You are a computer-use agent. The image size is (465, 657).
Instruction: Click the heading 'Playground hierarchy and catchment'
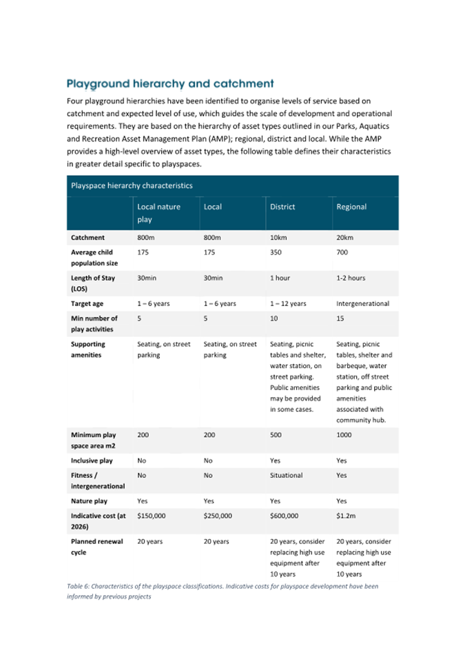pyautogui.click(x=169, y=84)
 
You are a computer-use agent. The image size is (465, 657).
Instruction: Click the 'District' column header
pyautogui.click(x=282, y=206)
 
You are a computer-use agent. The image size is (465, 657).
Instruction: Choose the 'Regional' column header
pyautogui.click(x=351, y=206)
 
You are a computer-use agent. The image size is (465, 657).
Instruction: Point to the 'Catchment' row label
pyautogui.click(x=87, y=238)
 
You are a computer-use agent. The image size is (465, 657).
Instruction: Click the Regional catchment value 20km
pyautogui.click(x=345, y=238)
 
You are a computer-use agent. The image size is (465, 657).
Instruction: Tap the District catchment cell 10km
pyautogui.click(x=279, y=238)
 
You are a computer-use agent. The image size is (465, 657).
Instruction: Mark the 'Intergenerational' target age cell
pyautogui.click(x=362, y=303)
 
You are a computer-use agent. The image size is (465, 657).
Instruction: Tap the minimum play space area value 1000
pyautogui.click(x=344, y=436)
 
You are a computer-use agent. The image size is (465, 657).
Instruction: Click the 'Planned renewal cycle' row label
pyautogui.click(x=96, y=547)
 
